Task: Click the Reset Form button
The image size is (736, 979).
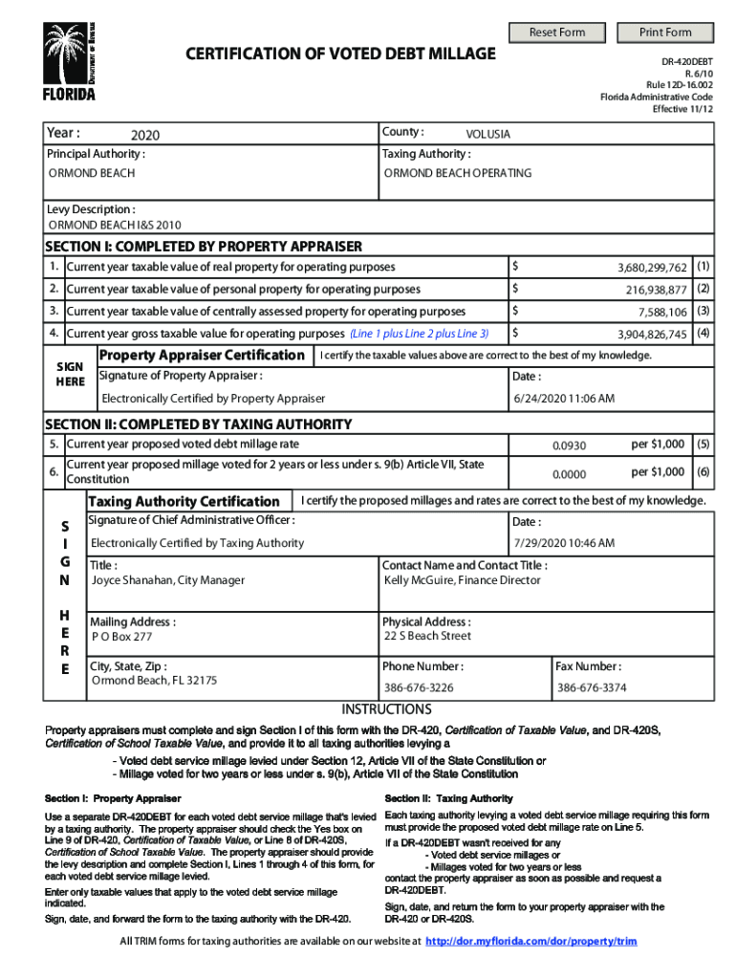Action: pyautogui.click(x=557, y=33)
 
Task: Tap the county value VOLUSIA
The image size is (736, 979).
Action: pyautogui.click(x=487, y=135)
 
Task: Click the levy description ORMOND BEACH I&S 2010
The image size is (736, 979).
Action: pyautogui.click(x=115, y=226)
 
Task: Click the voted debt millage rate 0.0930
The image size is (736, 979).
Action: pyautogui.click(x=569, y=446)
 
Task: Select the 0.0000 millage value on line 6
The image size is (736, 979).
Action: pyautogui.click(x=569, y=473)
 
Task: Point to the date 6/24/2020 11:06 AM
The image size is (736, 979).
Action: pyautogui.click(x=563, y=398)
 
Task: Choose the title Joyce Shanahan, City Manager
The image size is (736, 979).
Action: pyautogui.click(x=167, y=580)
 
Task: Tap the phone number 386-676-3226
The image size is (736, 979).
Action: pyautogui.click(x=419, y=687)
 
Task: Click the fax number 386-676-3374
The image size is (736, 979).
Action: pyautogui.click(x=592, y=687)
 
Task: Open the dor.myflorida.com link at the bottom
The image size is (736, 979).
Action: pyautogui.click(x=530, y=941)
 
